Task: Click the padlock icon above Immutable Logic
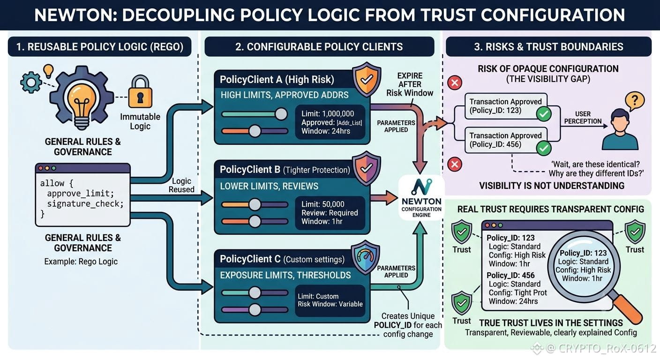coord(140,92)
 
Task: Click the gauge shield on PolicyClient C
coord(365,257)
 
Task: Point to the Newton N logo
coord(421,187)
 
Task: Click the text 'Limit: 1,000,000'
coord(328,114)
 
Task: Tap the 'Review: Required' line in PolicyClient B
coord(330,213)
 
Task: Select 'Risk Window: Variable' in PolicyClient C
coord(330,304)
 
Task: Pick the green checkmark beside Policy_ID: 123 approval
coord(544,114)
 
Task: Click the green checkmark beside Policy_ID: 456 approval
coord(544,148)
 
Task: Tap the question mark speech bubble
coord(635,101)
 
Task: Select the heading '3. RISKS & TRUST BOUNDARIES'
coord(548,46)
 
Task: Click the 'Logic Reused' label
coord(181,185)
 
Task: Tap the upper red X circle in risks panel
coord(455,82)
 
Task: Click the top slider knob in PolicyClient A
coord(281,114)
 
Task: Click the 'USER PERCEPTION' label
coord(583,118)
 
